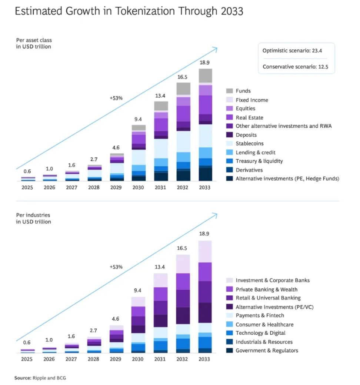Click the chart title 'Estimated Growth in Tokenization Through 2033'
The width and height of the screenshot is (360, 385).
(x=129, y=11)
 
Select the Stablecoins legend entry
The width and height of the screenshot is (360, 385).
(x=250, y=144)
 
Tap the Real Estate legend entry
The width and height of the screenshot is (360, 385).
(x=249, y=117)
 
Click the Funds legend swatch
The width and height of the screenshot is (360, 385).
(x=229, y=91)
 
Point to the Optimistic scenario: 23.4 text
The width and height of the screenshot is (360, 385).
(x=296, y=51)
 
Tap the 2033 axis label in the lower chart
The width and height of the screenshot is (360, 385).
(x=204, y=359)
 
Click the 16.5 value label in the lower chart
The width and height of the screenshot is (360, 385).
(x=183, y=248)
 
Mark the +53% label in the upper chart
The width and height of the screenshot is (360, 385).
(x=116, y=98)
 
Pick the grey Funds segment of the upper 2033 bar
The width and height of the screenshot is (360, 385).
(x=205, y=76)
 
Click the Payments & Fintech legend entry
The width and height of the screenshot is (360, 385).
(x=260, y=315)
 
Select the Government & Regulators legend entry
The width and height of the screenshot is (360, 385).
(x=267, y=351)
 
